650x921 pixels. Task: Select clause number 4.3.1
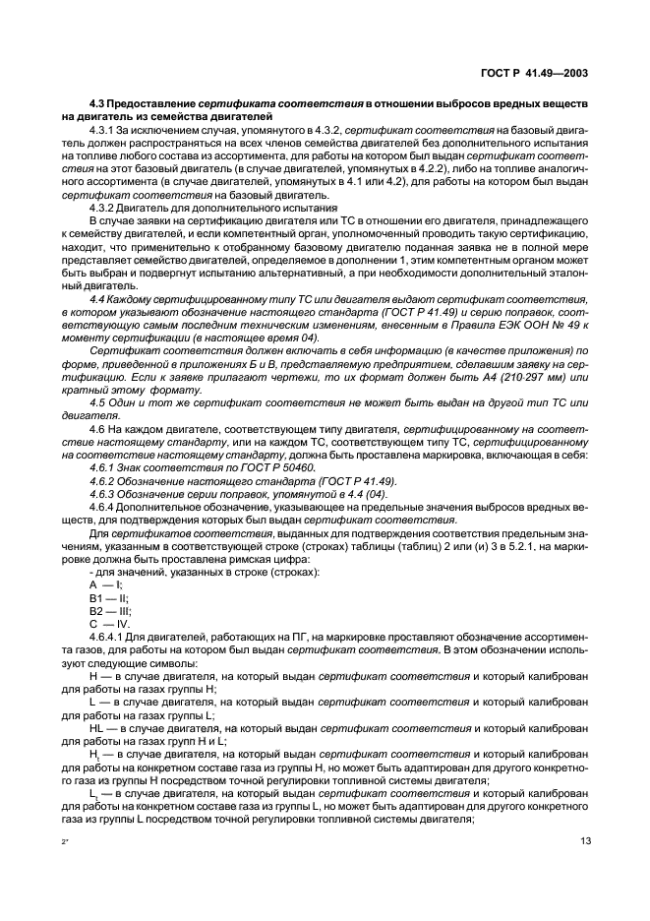point(105,130)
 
